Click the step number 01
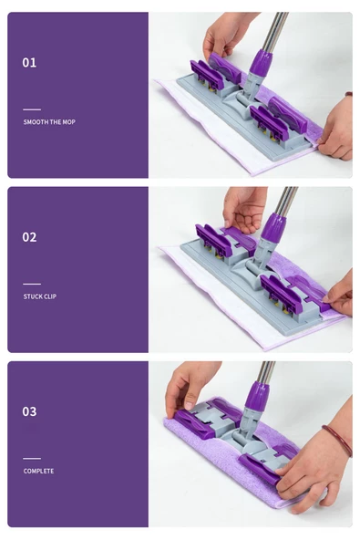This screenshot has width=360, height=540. click(29, 63)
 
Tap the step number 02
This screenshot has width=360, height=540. click(29, 237)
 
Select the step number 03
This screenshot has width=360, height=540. click(29, 411)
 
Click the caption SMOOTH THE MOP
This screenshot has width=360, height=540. click(49, 122)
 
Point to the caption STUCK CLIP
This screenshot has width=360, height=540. click(40, 296)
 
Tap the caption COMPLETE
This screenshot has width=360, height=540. click(38, 471)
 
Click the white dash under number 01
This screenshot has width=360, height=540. click(32, 109)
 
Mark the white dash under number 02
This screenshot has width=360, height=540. click(32, 284)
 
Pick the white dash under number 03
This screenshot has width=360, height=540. click(32, 459)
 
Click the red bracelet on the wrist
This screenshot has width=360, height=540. click(338, 438)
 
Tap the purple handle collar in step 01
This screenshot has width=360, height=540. click(261, 64)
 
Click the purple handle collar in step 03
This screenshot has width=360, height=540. click(256, 395)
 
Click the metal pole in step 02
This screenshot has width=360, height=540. click(286, 202)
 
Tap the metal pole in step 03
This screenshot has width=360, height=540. click(266, 373)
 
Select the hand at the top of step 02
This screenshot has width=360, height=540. click(244, 209)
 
